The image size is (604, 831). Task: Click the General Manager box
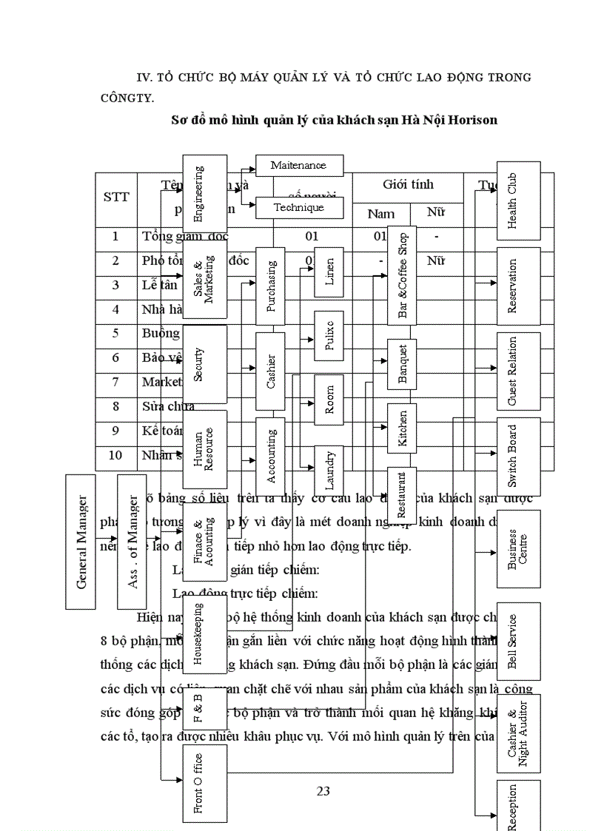(80, 541)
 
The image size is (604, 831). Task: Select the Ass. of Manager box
(132, 541)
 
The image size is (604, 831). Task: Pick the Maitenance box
(299, 165)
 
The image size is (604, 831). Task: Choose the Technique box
(299, 208)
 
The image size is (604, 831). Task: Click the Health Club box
(518, 201)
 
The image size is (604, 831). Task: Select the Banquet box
(402, 363)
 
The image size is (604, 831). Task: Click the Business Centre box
(518, 548)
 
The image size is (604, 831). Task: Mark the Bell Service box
(518, 641)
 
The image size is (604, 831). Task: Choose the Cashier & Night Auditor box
(518, 733)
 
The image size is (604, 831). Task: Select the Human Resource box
(204, 449)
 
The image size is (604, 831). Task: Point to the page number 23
(323, 791)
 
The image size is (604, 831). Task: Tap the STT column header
(116, 197)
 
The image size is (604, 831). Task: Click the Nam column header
(380, 214)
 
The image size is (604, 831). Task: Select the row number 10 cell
(115, 455)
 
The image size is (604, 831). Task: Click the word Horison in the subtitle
(469, 119)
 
